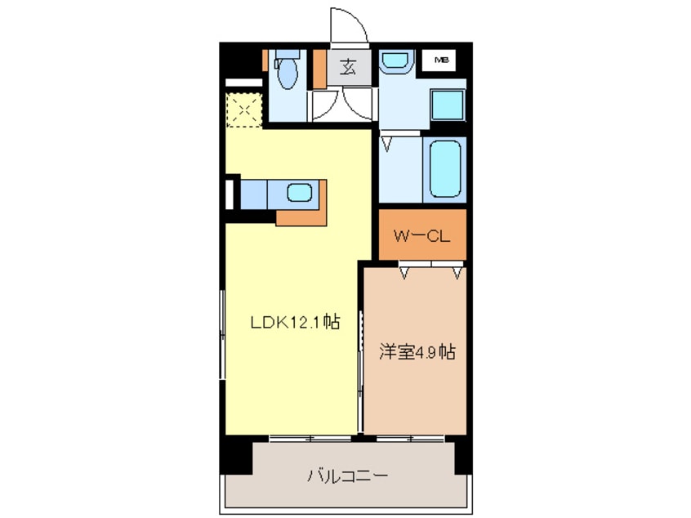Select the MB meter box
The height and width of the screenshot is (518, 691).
click(x=442, y=60)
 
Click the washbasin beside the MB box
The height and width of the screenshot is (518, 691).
click(x=395, y=61)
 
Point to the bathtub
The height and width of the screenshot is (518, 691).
click(x=445, y=168)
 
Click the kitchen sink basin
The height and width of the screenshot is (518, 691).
click(x=298, y=194)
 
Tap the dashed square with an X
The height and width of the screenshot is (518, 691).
click(x=242, y=109)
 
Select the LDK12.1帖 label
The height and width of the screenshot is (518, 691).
click(x=294, y=322)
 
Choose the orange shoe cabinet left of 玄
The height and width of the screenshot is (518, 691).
click(x=319, y=69)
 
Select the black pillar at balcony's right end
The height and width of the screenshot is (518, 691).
click(x=463, y=457)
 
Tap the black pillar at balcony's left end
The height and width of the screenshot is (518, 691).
click(x=236, y=457)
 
